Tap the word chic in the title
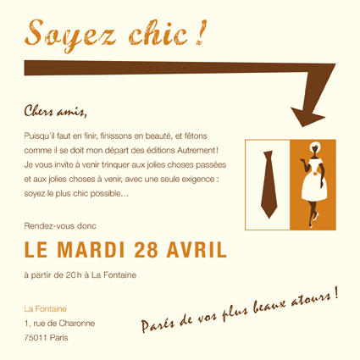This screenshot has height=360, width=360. click(x=158, y=33)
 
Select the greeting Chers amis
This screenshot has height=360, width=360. click(x=55, y=111)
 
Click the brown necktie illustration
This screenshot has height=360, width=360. click(x=269, y=185)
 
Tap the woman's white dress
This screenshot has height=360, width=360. click(x=314, y=180)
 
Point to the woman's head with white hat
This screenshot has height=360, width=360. click(x=314, y=147)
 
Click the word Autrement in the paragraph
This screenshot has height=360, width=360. click(x=197, y=150)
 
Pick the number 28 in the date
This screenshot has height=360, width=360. click(x=146, y=250)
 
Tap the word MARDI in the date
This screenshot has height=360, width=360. click(x=91, y=250)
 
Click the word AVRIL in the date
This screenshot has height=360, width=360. click(x=197, y=250)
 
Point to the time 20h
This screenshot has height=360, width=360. click(x=74, y=275)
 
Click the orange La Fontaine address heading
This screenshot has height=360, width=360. click(x=45, y=309)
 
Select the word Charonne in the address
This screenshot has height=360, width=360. click(x=77, y=324)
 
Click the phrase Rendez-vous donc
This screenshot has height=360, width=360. click(x=60, y=226)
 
